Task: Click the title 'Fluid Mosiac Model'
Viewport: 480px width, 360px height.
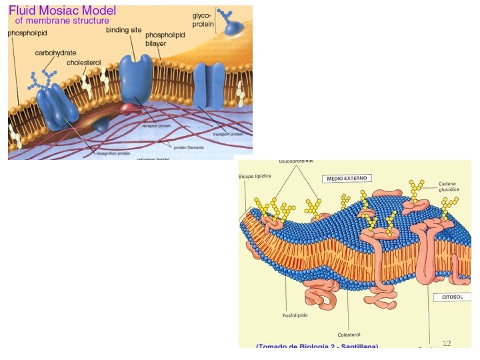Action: (x=61, y=11)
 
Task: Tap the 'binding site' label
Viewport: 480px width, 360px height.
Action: (x=124, y=30)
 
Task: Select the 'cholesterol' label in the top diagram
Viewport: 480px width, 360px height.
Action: (x=83, y=63)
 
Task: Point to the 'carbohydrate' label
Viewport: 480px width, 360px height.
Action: (x=57, y=51)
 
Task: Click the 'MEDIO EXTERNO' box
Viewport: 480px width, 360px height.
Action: (x=347, y=178)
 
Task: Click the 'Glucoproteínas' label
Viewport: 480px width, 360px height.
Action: (x=295, y=162)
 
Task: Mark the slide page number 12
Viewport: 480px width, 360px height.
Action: (x=447, y=343)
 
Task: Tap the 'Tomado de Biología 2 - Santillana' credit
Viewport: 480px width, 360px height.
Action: (x=317, y=346)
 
